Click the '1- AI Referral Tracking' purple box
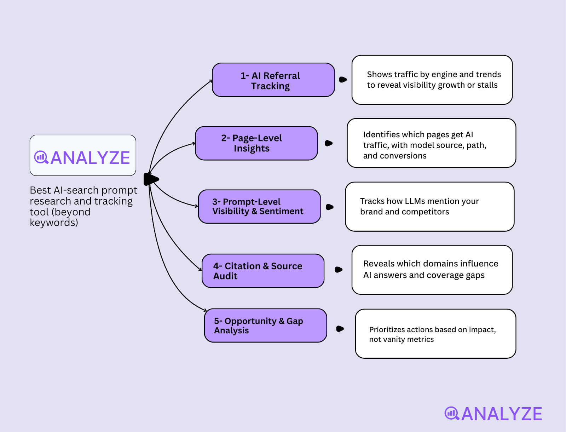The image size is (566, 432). tap(273, 80)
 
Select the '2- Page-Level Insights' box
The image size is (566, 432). tap(256, 143)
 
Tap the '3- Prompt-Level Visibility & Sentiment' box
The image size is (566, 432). tap(259, 207)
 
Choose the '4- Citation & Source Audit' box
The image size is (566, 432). tap(263, 271)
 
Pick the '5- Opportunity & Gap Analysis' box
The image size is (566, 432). tap(265, 326)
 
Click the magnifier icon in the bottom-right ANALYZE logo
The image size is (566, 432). tap(452, 413)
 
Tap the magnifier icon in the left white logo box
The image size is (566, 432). tap(41, 157)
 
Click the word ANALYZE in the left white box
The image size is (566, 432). tap(91, 158)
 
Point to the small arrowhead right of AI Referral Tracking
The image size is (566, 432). tap(343, 80)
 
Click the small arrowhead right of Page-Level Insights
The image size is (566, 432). tap(329, 143)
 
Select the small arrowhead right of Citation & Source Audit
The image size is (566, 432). tap(339, 270)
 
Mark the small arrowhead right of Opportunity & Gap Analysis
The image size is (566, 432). tap(340, 329)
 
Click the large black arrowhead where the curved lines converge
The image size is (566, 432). tap(151, 179)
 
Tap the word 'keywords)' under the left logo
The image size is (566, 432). tap(54, 223)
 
